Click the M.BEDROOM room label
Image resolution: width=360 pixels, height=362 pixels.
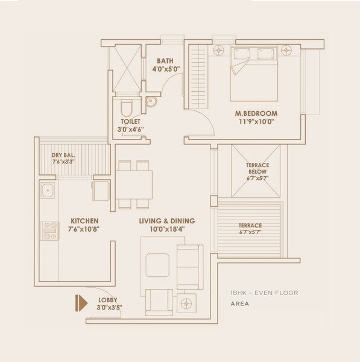(256, 113)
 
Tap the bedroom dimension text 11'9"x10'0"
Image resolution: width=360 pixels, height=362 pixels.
(256, 121)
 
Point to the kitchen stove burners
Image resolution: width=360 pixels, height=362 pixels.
(48, 227)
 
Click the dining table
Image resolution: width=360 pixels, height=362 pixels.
(134, 185)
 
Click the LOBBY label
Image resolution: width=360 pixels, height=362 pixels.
(109, 299)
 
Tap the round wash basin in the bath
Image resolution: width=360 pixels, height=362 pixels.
(151, 101)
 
